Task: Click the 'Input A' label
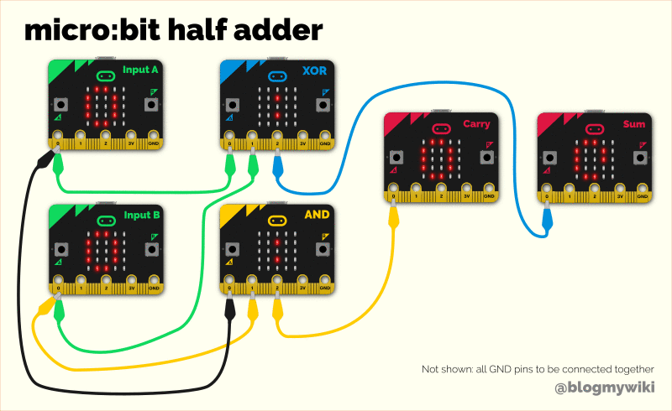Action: click(140, 70)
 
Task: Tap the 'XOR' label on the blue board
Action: click(315, 70)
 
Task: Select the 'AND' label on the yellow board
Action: click(317, 214)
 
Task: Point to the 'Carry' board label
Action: click(476, 124)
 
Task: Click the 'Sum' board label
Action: click(634, 124)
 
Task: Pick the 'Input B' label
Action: click(141, 215)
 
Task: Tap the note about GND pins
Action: click(537, 369)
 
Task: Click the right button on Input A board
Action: click(151, 105)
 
